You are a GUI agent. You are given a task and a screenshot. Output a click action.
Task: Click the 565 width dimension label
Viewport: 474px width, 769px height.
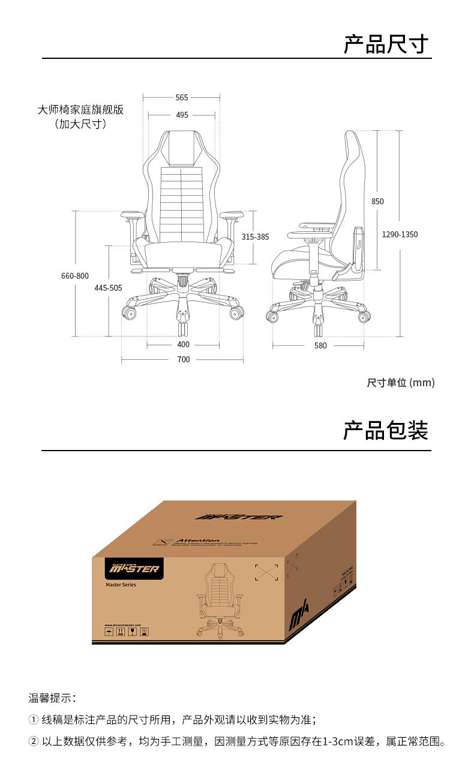click(182, 97)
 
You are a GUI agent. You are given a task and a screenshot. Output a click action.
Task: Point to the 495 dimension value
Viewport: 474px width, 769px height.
click(182, 115)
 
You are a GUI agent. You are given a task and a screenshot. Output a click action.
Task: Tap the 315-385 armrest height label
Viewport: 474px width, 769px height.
click(255, 237)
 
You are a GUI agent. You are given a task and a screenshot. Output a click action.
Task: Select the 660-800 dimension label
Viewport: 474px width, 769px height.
click(74, 276)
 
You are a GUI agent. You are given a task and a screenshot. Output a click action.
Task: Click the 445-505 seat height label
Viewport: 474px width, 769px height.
click(108, 288)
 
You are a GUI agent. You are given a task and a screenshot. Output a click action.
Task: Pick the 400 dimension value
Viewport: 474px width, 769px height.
click(183, 344)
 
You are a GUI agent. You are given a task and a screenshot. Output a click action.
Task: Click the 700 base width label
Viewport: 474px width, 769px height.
click(183, 359)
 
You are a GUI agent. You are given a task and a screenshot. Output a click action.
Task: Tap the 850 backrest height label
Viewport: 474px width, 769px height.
click(377, 201)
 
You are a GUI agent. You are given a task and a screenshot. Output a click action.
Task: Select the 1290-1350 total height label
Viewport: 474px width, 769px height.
click(400, 234)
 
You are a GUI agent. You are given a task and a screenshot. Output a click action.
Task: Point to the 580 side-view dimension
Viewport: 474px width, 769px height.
click(320, 345)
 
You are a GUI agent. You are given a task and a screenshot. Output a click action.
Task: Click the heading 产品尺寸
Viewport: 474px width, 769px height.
click(386, 44)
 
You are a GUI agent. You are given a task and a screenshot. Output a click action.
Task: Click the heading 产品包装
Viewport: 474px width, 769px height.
click(386, 431)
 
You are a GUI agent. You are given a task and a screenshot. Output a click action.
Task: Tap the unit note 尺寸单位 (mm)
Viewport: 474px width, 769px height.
click(400, 383)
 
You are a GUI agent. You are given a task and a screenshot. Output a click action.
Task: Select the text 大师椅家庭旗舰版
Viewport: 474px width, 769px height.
click(80, 110)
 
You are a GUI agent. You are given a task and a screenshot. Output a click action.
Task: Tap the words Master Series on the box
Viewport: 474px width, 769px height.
click(121, 585)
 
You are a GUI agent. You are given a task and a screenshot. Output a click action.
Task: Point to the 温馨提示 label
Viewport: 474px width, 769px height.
click(52, 698)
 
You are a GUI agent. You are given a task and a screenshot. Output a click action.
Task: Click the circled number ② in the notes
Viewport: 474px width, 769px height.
click(34, 741)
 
